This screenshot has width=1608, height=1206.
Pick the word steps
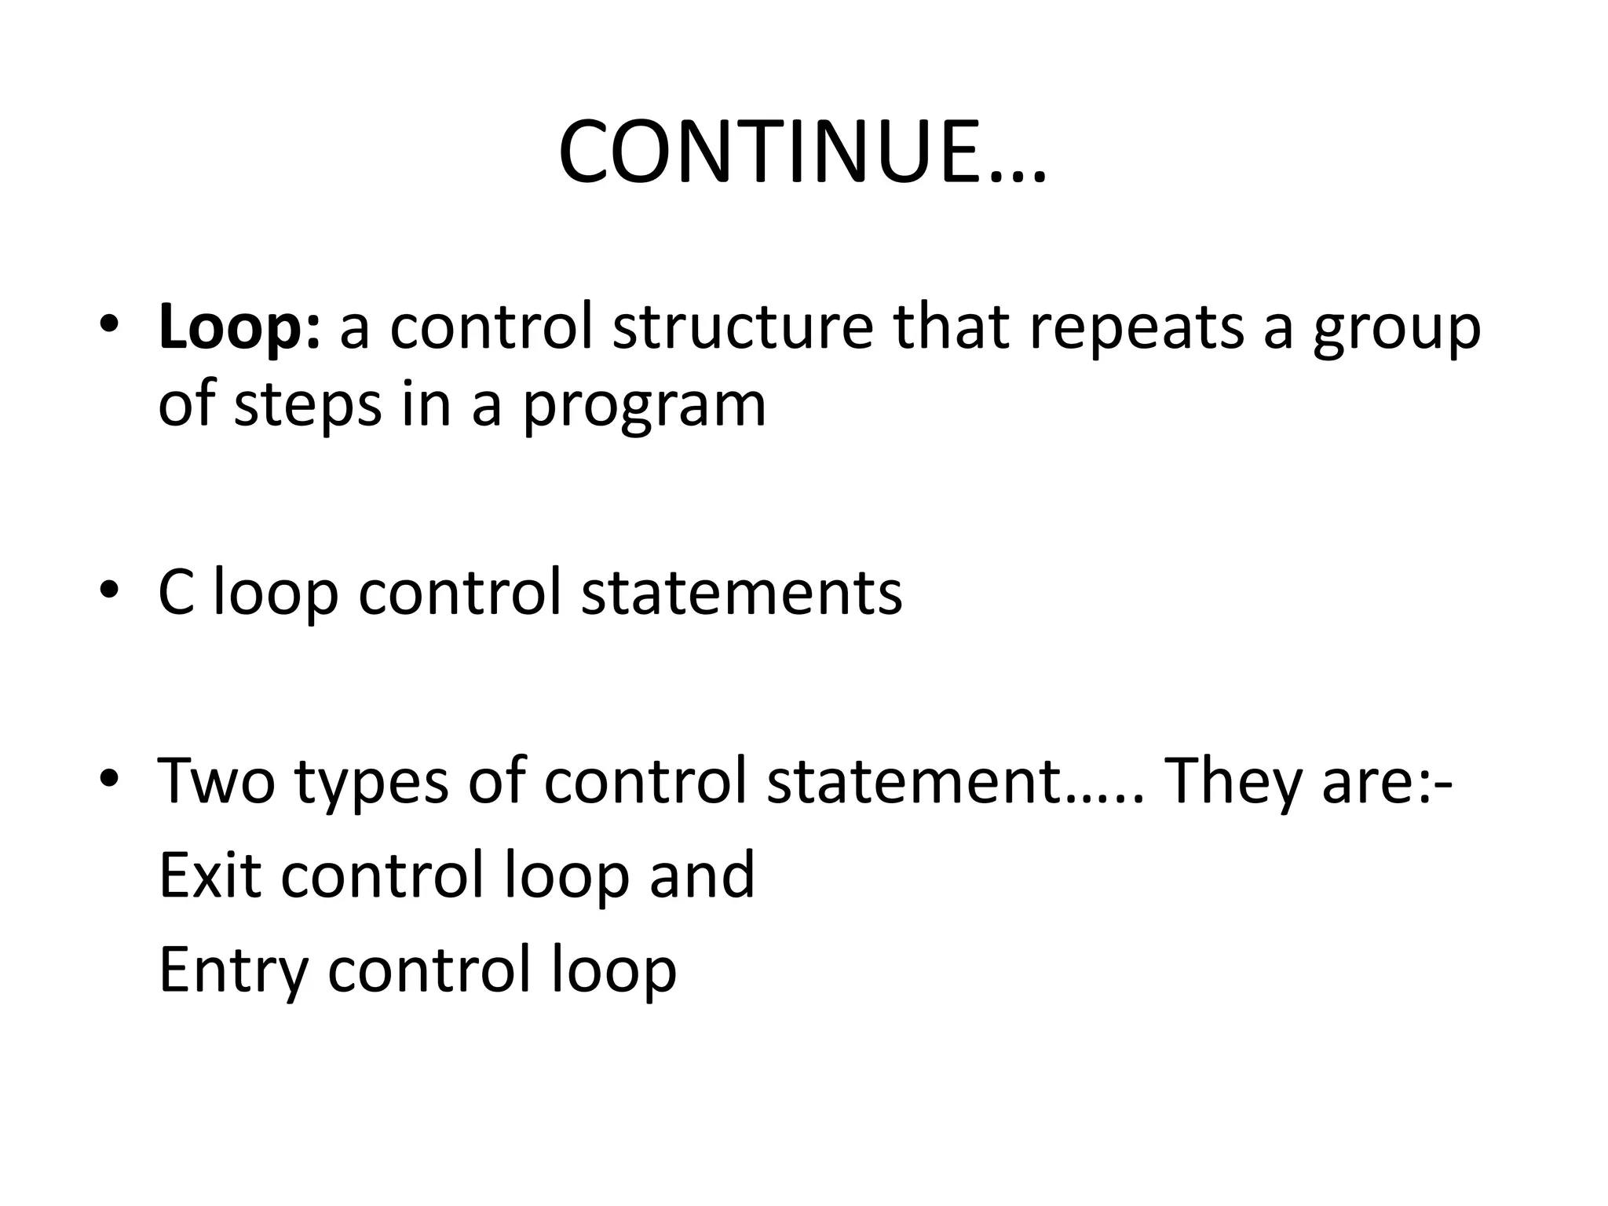tap(308, 407)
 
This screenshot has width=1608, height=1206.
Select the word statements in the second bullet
tap(742, 593)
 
